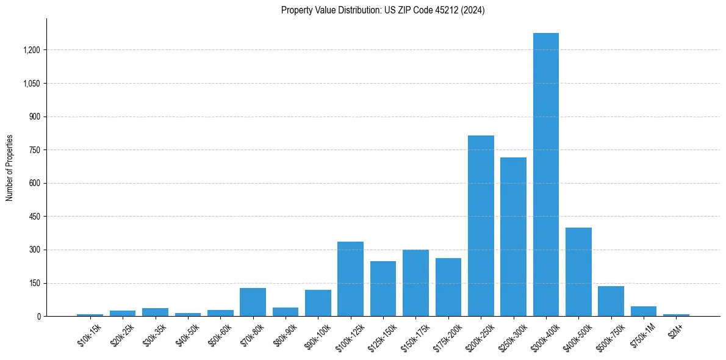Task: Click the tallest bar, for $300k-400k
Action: [546, 175]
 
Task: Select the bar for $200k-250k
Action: [481, 226]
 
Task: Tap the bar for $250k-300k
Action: [513, 237]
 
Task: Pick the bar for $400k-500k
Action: [578, 272]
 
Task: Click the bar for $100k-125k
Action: [350, 279]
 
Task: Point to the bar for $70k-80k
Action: [253, 302]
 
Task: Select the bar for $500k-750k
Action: [611, 301]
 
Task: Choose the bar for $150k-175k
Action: [415, 283]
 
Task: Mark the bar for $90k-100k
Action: [318, 303]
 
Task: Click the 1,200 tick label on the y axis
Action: [31, 50]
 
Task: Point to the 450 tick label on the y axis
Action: [34, 217]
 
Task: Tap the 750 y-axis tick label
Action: [34, 150]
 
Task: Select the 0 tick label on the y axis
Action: [38, 317]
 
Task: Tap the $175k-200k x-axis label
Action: [448, 336]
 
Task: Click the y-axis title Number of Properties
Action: [10, 168]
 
